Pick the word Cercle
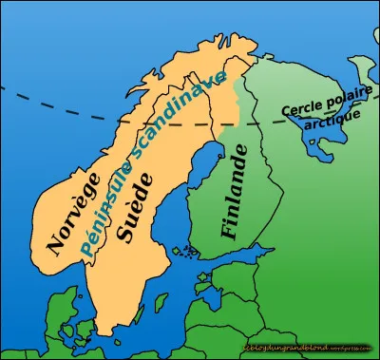coord(300,104)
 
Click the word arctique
coord(338,115)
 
